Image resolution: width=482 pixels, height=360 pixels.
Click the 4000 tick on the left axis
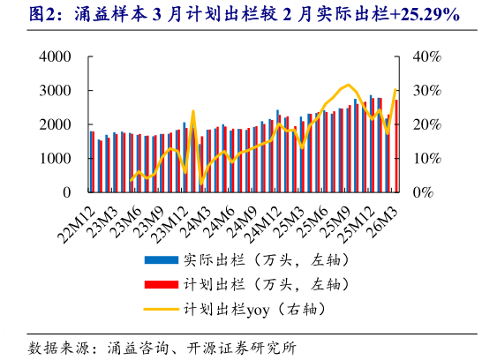(x=55, y=56)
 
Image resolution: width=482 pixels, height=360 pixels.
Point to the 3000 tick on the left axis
(x=55, y=90)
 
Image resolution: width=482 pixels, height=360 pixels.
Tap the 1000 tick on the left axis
(x=55, y=158)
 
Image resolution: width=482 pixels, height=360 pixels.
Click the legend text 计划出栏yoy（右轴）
(x=255, y=310)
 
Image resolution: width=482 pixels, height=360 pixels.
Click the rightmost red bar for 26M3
(x=395, y=146)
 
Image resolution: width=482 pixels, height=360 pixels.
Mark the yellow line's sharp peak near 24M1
(x=192, y=111)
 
